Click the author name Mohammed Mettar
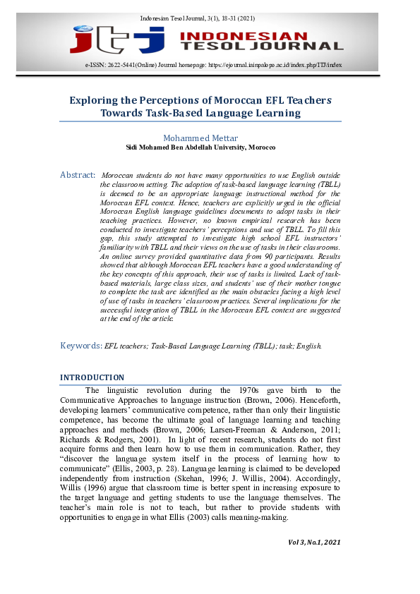point(200,138)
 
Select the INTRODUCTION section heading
point(92,377)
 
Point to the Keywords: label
point(80,346)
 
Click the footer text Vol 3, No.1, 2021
point(314,542)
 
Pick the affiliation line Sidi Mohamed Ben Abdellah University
point(200,147)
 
